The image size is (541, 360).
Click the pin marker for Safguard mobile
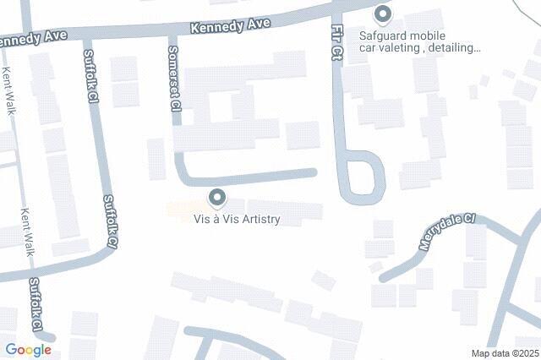point(383,14)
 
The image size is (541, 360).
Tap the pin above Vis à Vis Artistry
point(217,199)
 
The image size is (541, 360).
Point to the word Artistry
point(259,220)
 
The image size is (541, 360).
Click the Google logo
point(28,350)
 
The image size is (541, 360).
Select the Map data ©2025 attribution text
point(505,353)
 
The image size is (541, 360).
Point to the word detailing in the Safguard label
point(450,48)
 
